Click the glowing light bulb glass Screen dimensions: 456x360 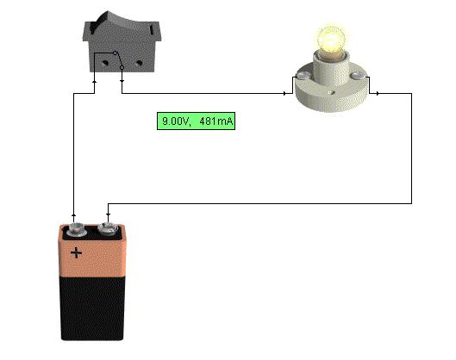(331, 40)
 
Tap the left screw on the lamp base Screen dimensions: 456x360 (303, 75)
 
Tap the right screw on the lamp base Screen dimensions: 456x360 (356, 76)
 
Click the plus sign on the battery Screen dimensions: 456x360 (77, 253)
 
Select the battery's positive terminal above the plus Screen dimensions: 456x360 (75, 230)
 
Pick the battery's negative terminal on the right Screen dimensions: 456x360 (108, 228)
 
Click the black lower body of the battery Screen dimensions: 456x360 (92, 308)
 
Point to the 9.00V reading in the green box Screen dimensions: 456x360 (176, 121)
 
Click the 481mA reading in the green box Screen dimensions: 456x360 (216, 121)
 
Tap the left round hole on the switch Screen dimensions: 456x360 (105, 62)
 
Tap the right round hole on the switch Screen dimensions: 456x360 (140, 63)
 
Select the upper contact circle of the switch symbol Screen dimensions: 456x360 (116, 53)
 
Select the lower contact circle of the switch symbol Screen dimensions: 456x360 (122, 68)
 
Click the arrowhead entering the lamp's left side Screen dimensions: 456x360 (284, 93)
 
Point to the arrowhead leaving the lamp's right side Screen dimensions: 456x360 (378, 93)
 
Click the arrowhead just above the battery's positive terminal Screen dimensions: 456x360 (73, 215)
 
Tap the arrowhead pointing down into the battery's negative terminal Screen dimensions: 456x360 (108, 214)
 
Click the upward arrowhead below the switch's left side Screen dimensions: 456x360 (94, 82)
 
